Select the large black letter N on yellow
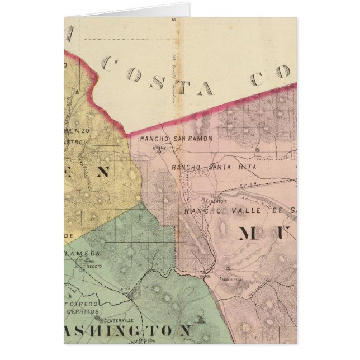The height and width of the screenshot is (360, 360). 102,173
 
